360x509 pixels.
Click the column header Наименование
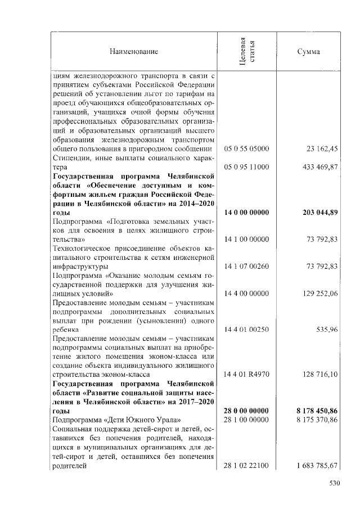click(x=133, y=52)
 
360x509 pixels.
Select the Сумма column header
click(x=308, y=52)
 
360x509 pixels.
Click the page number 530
click(x=335, y=482)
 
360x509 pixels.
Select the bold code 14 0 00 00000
click(x=246, y=213)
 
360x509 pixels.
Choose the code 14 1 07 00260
click(x=246, y=266)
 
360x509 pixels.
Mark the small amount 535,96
click(x=326, y=330)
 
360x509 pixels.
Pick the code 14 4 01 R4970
click(x=246, y=374)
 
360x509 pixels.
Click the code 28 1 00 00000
click(x=246, y=420)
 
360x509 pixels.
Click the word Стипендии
click(x=69, y=158)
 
